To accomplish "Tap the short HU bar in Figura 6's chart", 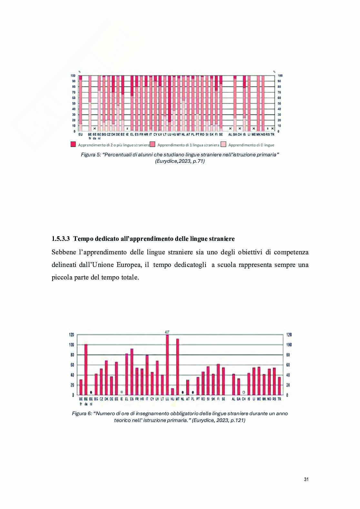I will tap(172, 392).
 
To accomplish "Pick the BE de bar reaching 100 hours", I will tap(86, 369).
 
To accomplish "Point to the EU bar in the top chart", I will tap(80, 103).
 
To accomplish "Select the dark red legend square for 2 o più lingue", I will tap(73, 144).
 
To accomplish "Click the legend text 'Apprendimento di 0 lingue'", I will tap(251, 145).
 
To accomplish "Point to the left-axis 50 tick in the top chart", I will tap(73, 103).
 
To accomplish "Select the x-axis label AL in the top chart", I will tap(230, 134).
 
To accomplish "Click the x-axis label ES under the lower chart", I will tap(132, 399).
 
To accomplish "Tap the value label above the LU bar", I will tap(167, 332).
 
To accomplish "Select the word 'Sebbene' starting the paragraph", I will tap(63, 252).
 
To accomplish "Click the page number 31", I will tap(306, 479).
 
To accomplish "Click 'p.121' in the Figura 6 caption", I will tap(237, 420).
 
